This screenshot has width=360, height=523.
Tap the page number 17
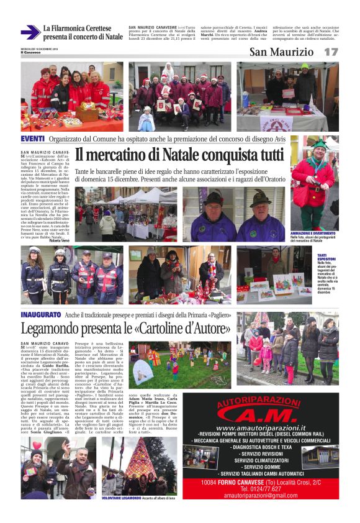pos(331,52)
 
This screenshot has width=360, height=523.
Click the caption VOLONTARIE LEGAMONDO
pos(122,498)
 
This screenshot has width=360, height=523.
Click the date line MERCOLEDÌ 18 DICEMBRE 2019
pos(38,49)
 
